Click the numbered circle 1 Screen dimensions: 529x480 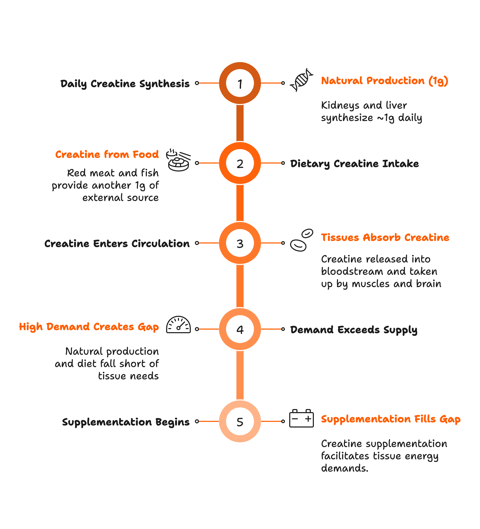(x=240, y=83)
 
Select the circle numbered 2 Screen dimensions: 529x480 (x=240, y=163)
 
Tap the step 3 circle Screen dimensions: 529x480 (x=240, y=243)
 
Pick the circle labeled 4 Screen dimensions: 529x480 (x=240, y=329)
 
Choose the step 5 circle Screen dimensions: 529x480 (x=240, y=421)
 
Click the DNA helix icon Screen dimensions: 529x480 (x=302, y=80)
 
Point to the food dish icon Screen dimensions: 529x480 (x=178, y=160)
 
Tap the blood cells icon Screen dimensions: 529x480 (x=302, y=240)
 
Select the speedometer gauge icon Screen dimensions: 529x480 (x=178, y=325)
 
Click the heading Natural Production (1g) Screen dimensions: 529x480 (x=384, y=80)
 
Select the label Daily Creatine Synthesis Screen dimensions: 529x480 (x=125, y=84)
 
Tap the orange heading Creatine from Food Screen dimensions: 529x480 (x=107, y=154)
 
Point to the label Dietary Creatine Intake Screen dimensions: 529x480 (x=354, y=164)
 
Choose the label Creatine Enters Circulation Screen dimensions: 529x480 (x=117, y=243)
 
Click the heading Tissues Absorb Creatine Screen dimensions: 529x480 (x=385, y=237)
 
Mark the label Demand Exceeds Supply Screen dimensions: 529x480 (x=353, y=330)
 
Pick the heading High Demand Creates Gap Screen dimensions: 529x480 (x=89, y=327)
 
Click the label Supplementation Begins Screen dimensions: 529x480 (x=126, y=422)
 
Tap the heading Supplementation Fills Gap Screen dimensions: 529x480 (x=391, y=419)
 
